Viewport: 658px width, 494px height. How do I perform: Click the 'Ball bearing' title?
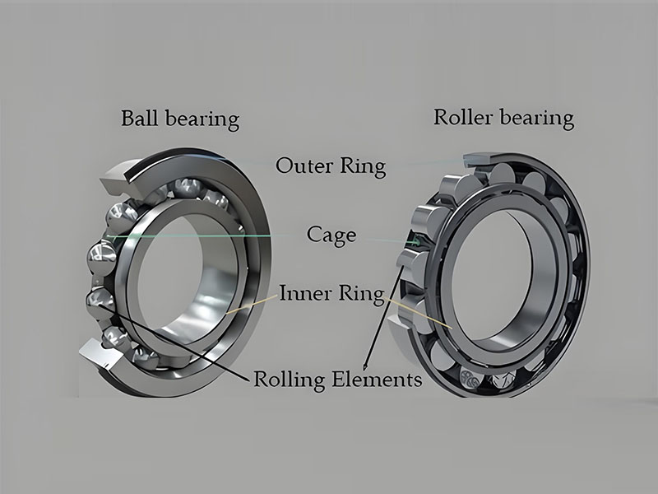179,119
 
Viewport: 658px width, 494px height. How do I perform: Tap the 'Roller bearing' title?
503,118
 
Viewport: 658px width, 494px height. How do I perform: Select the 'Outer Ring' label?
330,165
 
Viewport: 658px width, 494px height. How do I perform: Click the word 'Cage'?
331,235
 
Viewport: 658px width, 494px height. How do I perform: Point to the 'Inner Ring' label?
331,293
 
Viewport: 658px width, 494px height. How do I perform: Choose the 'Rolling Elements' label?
337,380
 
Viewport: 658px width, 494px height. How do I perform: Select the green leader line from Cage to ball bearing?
206,235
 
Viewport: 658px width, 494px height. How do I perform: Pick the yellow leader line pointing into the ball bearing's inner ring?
247,304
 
